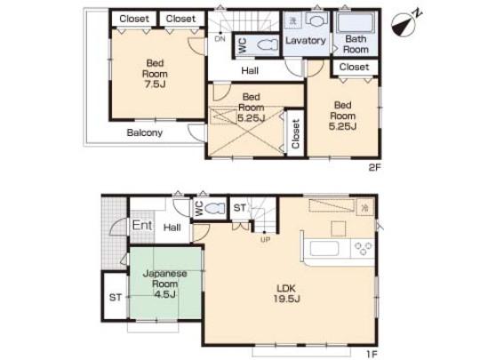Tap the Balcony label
tap(143, 132)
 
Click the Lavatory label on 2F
tap(305, 40)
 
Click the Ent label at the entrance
tap(142, 226)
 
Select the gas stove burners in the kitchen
tap(364, 246)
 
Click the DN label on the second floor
tap(219, 38)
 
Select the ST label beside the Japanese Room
tap(116, 298)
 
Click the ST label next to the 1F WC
tap(239, 208)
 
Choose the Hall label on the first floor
tap(172, 228)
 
